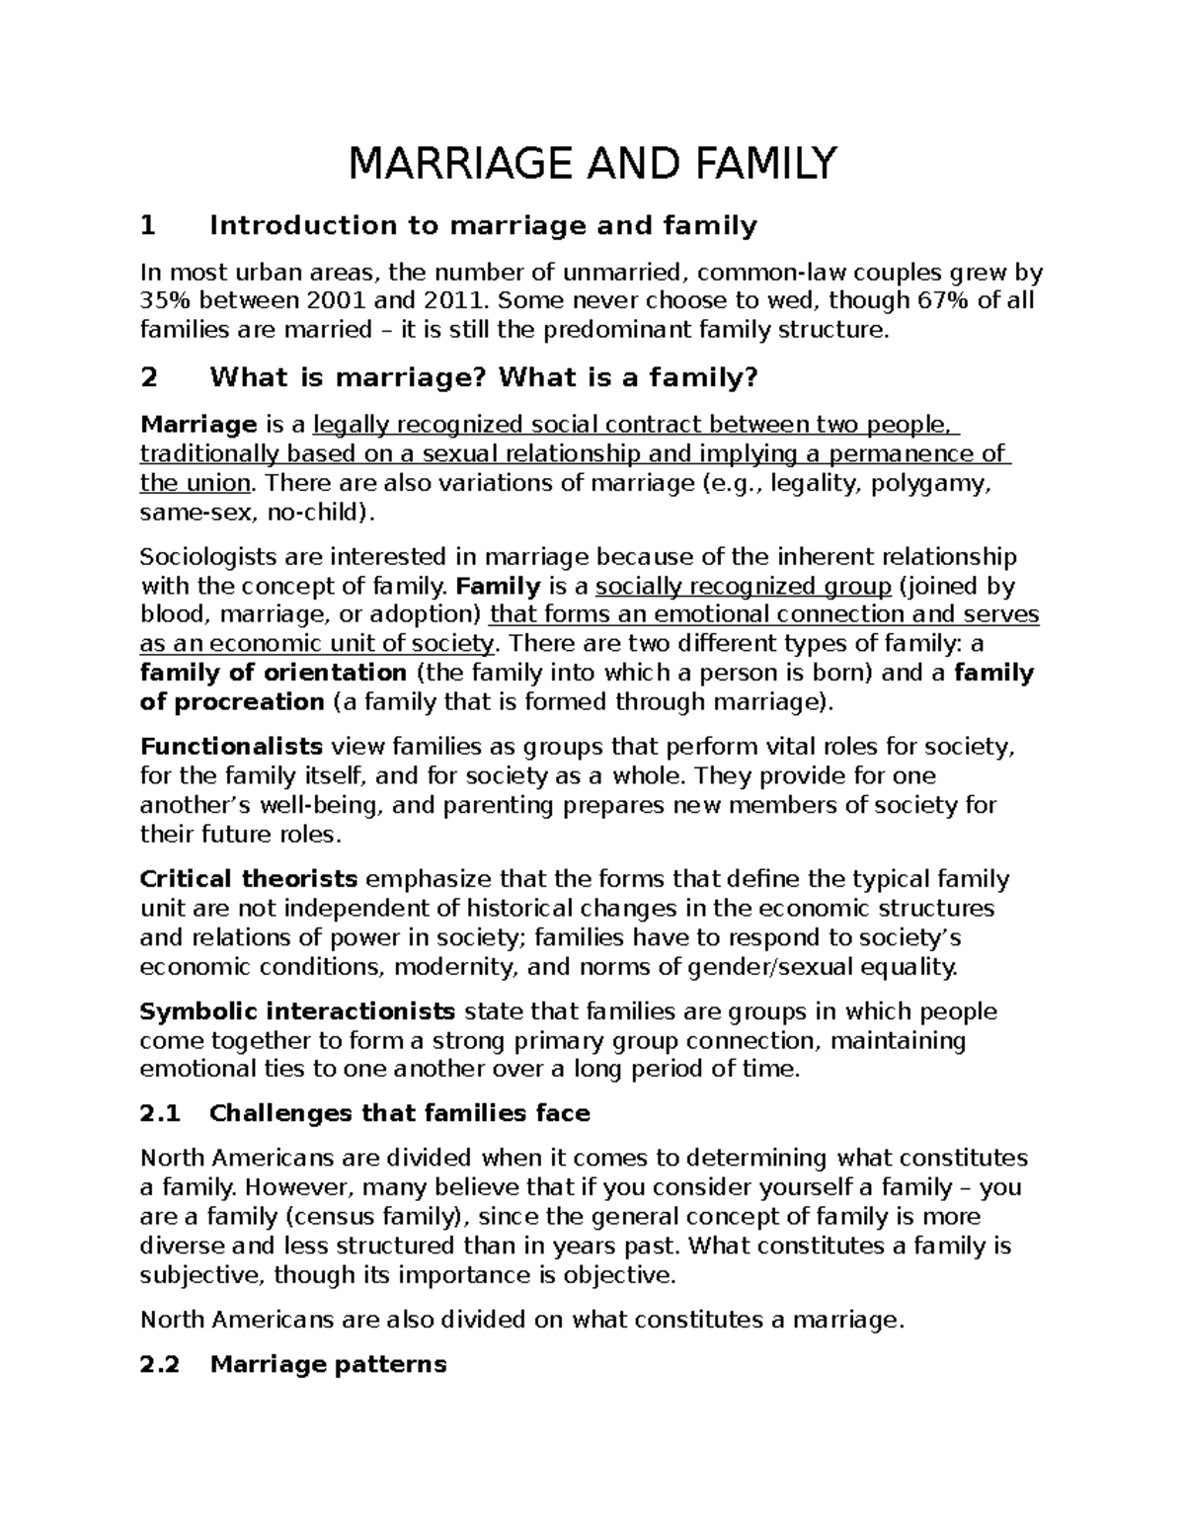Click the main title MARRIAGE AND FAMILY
(x=592, y=163)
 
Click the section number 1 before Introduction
(x=148, y=226)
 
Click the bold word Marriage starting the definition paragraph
(x=198, y=425)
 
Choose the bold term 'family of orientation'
(x=274, y=674)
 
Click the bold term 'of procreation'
(x=232, y=702)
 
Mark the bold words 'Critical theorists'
(x=249, y=879)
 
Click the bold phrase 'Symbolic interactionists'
(x=297, y=1011)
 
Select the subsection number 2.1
(x=161, y=1114)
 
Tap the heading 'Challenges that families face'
(x=400, y=1114)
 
